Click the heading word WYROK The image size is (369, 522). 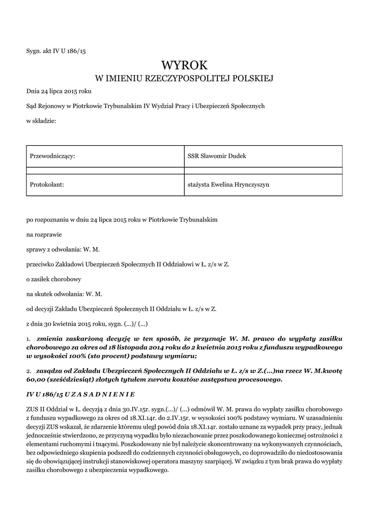click(185, 65)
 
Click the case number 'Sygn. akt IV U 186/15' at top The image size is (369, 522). click(56, 50)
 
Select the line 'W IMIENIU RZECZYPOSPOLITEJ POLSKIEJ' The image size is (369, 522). click(185, 79)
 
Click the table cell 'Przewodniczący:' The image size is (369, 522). click(53, 156)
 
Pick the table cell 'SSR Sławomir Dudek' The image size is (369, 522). click(217, 156)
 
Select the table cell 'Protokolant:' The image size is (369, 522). click(47, 185)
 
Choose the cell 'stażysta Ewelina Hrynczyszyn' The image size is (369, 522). click(229, 185)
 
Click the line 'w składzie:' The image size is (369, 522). click(41, 121)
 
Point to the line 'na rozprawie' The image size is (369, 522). click(43, 235)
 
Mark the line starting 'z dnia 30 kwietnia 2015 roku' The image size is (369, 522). click(87, 324)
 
